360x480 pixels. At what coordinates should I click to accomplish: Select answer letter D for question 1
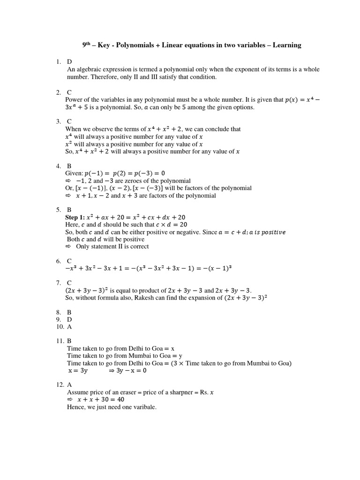pyautogui.click(x=69, y=61)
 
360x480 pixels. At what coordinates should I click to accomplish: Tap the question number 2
pyautogui.click(x=58, y=92)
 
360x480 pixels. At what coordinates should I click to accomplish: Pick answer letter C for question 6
pyautogui.click(x=69, y=261)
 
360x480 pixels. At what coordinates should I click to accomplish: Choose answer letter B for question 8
pyautogui.click(x=69, y=312)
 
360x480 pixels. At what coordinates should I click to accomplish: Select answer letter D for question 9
pyautogui.click(x=69, y=319)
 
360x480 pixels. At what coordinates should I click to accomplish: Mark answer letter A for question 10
pyautogui.click(x=69, y=327)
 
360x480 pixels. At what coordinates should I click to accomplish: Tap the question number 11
pyautogui.click(x=59, y=341)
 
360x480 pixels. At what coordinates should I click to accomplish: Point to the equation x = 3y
pyautogui.click(x=78, y=370)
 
